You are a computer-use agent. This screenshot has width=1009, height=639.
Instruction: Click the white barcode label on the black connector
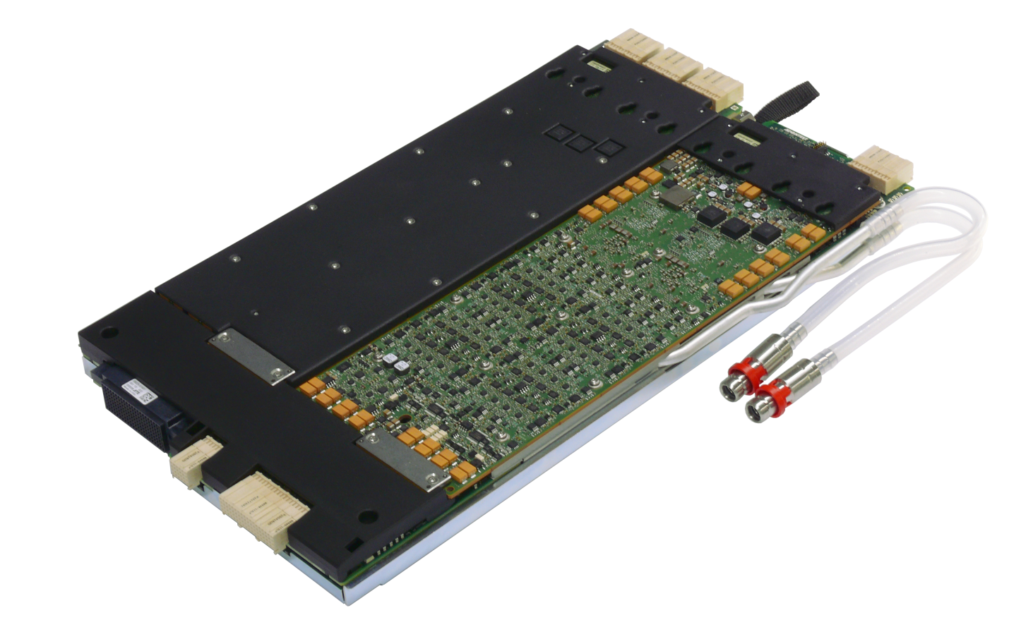(x=136, y=391)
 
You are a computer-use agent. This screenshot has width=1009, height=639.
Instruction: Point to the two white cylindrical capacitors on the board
(x=394, y=363)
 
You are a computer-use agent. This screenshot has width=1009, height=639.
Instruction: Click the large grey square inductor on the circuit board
(x=677, y=195)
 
